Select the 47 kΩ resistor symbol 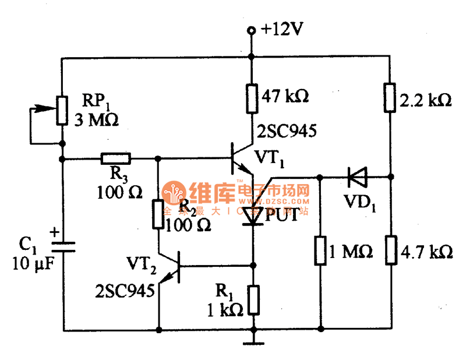coord(252,97)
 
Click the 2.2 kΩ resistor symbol coord(389,97)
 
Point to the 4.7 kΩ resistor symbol coord(389,251)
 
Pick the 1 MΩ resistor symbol coord(319,251)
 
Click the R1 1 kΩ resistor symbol coord(252,298)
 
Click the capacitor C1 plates coord(62,247)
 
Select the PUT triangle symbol coord(252,216)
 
